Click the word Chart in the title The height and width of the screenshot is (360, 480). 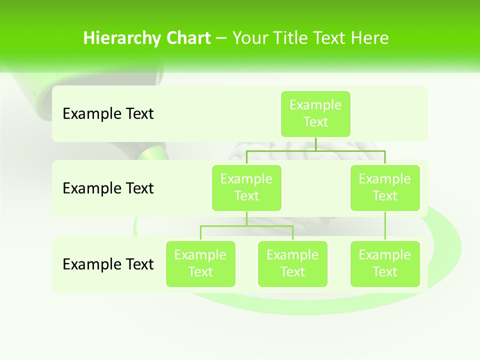click(x=188, y=38)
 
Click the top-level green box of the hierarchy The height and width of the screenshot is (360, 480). click(x=315, y=113)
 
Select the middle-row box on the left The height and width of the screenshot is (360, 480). click(x=246, y=187)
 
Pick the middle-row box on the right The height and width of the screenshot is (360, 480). click(x=385, y=187)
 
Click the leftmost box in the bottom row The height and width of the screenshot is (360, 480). click(x=200, y=263)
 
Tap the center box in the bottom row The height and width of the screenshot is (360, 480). click(x=292, y=263)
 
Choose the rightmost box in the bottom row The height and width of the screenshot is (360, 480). click(x=385, y=263)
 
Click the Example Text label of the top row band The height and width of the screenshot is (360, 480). click(x=108, y=113)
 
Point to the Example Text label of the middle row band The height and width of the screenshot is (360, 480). click(x=108, y=188)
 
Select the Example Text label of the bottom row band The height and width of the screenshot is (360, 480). click(x=108, y=264)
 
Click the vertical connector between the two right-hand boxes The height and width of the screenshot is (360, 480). click(x=385, y=226)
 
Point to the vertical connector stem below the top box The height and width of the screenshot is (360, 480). click(x=315, y=144)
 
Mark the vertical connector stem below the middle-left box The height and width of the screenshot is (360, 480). click(x=246, y=218)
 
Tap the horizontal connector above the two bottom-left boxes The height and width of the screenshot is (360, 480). click(x=246, y=226)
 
